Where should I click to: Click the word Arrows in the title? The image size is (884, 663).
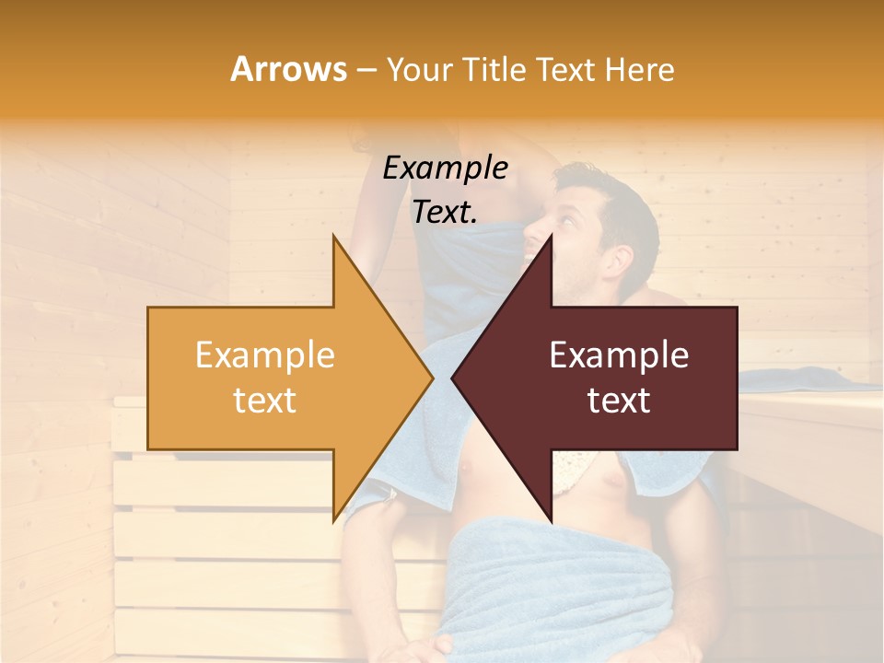[288, 69]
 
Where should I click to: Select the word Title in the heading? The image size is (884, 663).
[494, 70]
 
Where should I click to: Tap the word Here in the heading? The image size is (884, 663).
[639, 70]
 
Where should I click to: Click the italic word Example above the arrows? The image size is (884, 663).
[445, 168]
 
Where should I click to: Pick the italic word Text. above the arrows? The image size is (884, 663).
[445, 212]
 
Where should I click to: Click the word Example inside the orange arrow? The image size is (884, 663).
[264, 355]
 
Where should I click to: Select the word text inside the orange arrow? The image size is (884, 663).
[264, 400]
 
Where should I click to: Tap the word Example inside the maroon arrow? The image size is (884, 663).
[619, 355]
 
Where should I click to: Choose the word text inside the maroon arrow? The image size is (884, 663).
[619, 400]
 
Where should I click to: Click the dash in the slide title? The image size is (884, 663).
[366, 70]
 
